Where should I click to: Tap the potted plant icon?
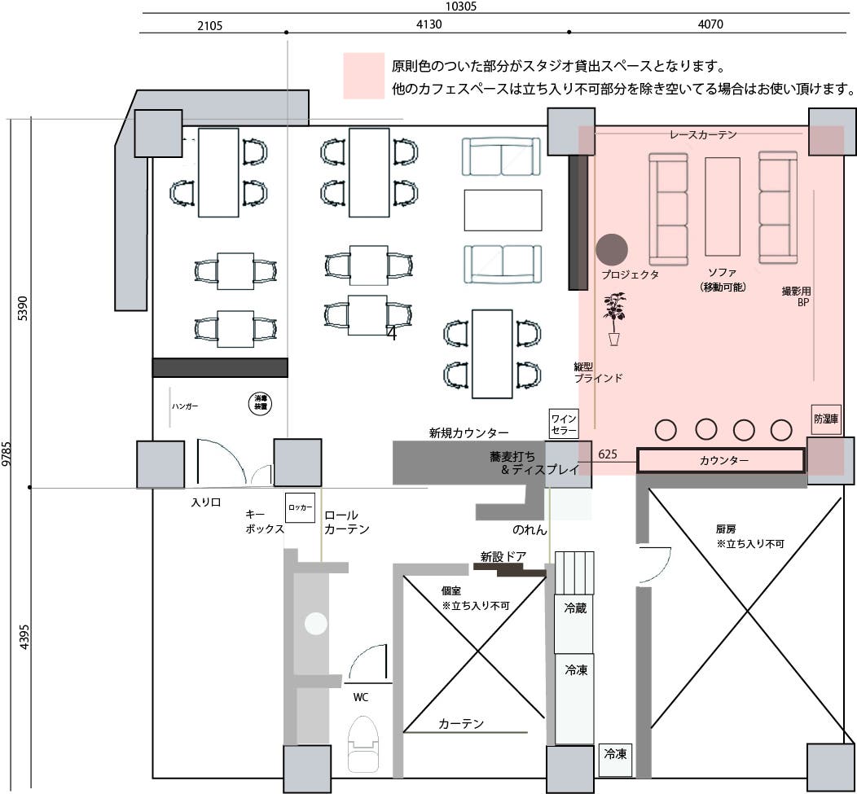pyautogui.click(x=614, y=318)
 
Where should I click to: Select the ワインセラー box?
pyautogui.click(x=564, y=424)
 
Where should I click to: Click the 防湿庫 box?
pyautogui.click(x=825, y=419)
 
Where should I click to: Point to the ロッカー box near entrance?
pyautogui.click(x=300, y=507)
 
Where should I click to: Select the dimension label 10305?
pyautogui.click(x=461, y=6)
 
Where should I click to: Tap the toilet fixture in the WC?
pyautogui.click(x=364, y=744)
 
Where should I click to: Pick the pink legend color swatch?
pyautogui.click(x=363, y=76)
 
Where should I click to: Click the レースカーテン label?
pyautogui.click(x=703, y=135)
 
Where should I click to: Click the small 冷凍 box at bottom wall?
pyautogui.click(x=615, y=755)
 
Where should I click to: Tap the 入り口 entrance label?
pyautogui.click(x=206, y=502)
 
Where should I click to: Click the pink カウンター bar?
pyautogui.click(x=720, y=461)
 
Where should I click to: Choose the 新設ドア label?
pyautogui.click(x=503, y=557)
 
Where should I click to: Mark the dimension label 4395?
pyautogui.click(x=24, y=636)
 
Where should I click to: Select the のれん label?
pyautogui.click(x=530, y=529)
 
